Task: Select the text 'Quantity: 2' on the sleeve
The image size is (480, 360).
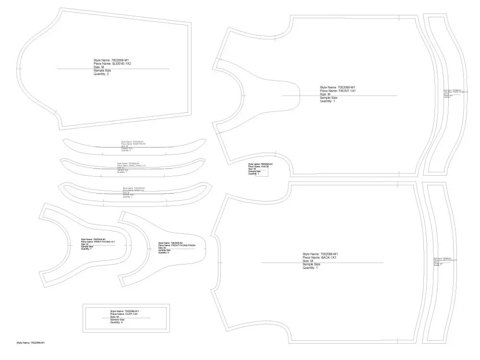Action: coord(101,74)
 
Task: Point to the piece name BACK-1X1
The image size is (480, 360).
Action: coord(320,258)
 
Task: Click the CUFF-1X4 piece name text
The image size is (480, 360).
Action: coord(124,314)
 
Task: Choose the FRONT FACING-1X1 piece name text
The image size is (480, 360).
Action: coord(98,241)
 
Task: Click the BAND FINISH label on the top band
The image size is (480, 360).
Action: coord(133,144)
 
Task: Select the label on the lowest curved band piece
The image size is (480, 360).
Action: coord(134,191)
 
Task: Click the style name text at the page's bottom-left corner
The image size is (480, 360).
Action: coord(31,343)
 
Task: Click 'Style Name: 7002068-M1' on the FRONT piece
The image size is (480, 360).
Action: coord(337,87)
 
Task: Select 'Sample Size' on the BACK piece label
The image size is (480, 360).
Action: coord(312,264)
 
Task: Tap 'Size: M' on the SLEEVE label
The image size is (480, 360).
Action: coord(99,67)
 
